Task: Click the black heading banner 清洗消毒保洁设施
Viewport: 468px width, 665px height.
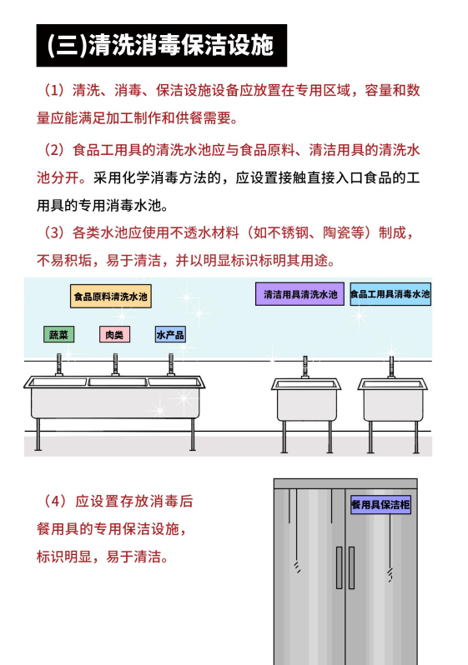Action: (x=161, y=45)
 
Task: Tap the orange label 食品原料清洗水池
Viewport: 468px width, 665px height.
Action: (x=110, y=296)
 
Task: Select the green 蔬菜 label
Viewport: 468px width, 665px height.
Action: (x=58, y=334)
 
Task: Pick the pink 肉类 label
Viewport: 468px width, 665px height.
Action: (x=114, y=334)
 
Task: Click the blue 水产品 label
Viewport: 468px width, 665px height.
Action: (x=170, y=334)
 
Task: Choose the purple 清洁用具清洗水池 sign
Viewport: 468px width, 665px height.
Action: (x=299, y=294)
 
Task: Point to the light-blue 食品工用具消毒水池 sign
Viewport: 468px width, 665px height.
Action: (x=390, y=294)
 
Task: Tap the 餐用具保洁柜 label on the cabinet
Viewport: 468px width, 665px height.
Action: (x=381, y=504)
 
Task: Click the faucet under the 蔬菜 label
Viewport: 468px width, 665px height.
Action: (x=59, y=365)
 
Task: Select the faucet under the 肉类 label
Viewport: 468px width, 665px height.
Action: (x=115, y=365)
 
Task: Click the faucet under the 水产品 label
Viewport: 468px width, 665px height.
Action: (x=171, y=365)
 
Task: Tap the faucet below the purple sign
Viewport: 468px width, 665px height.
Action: (x=305, y=367)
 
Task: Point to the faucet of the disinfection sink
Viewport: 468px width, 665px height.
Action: (x=391, y=367)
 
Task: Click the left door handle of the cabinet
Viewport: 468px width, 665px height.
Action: (x=340, y=567)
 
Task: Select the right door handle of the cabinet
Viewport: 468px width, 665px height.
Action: (x=352, y=567)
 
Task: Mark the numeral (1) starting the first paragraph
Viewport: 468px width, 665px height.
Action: (x=54, y=90)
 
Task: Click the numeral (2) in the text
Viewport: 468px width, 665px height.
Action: (x=54, y=150)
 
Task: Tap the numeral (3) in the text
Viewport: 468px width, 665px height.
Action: (x=54, y=232)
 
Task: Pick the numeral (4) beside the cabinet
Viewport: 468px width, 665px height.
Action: (x=54, y=502)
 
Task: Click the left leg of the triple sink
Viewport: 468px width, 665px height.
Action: (x=38, y=434)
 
